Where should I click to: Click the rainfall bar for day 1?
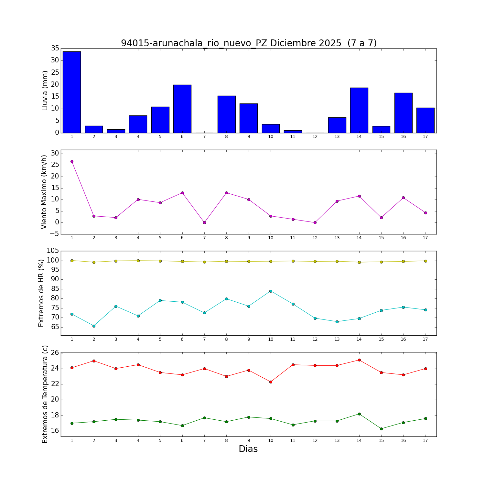(72, 92)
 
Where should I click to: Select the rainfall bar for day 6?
(182, 109)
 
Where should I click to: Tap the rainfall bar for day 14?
(359, 110)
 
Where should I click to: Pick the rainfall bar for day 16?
(403, 113)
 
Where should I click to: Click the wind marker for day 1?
(72, 161)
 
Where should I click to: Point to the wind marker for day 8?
(226, 193)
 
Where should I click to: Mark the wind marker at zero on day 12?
(315, 222)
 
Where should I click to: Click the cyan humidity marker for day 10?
(271, 291)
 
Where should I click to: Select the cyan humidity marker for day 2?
(94, 326)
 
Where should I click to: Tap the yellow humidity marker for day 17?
(426, 261)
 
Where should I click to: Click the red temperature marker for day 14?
(359, 360)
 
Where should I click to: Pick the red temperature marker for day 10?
(271, 382)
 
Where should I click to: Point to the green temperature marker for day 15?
(381, 429)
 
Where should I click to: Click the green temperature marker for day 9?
(249, 417)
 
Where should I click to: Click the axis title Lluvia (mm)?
(45, 91)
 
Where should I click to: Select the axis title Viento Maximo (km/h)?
(44, 192)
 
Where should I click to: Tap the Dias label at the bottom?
(248, 449)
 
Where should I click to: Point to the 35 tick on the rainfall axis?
(55, 48)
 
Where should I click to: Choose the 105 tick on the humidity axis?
(53, 251)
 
